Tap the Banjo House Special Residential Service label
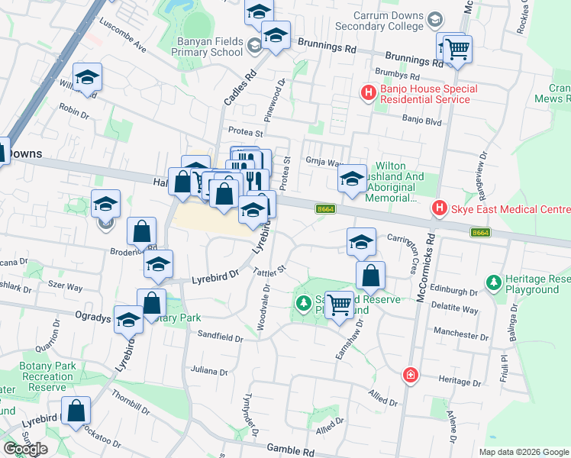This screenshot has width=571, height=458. (x=429, y=95)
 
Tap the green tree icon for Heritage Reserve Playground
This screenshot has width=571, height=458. (x=494, y=283)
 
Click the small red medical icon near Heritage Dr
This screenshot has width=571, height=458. (x=411, y=375)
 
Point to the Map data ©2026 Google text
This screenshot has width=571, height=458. (x=524, y=452)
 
